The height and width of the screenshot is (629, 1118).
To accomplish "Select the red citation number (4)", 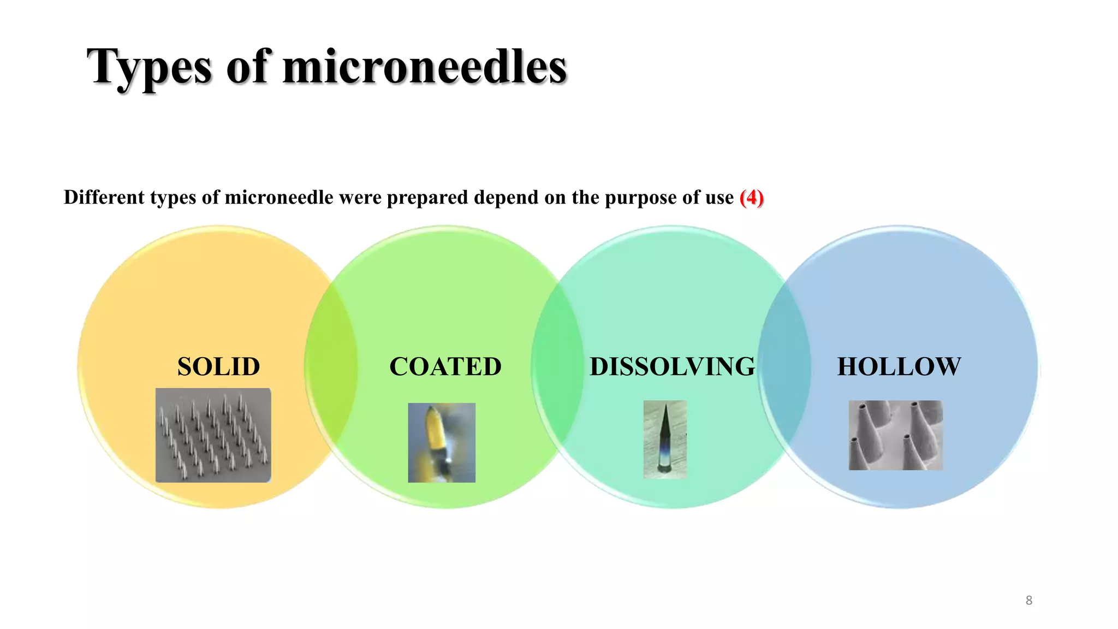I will (x=751, y=197).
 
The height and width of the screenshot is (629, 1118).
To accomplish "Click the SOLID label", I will (x=218, y=366).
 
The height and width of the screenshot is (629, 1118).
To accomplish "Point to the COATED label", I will (x=445, y=366).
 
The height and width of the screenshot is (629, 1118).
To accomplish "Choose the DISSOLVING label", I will (x=672, y=366).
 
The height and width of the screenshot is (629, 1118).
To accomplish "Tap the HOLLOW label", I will (x=899, y=366).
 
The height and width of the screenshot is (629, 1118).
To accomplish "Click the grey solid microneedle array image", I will (x=213, y=435).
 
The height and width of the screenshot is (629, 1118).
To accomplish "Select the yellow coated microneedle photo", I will (x=441, y=443).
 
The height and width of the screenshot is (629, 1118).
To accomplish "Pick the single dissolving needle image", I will (x=664, y=439).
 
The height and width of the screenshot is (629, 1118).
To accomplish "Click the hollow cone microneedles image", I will (x=895, y=435).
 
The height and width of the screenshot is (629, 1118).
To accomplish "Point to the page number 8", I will (x=1028, y=601).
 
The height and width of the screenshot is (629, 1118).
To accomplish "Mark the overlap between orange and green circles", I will (x=331, y=367).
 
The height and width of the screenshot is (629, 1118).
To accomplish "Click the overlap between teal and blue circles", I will (x=784, y=367).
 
